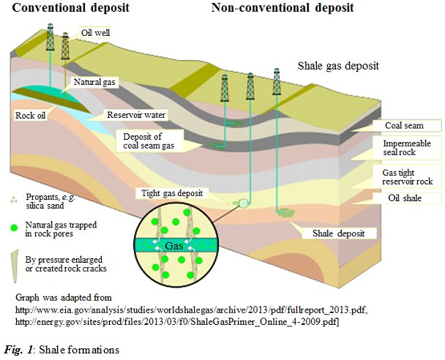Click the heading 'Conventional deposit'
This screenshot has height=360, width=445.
click(x=66, y=8)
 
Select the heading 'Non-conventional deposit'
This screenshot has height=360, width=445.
click(x=283, y=8)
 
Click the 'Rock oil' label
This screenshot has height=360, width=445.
click(x=31, y=115)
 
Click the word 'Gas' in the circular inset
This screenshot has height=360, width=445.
click(x=173, y=247)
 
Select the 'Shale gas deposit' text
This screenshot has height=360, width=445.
click(x=338, y=66)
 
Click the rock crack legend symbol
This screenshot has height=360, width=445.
click(x=15, y=258)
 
